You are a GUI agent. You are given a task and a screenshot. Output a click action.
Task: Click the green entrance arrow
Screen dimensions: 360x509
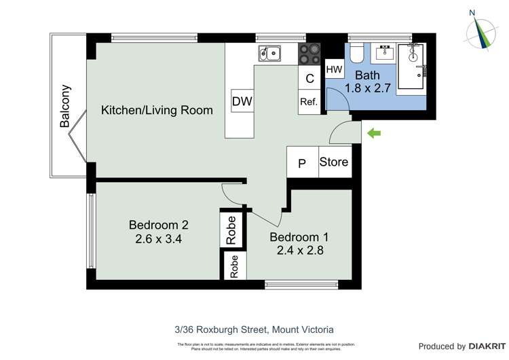pos(373,134)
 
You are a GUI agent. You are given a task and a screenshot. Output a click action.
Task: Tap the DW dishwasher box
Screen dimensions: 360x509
pos(242,102)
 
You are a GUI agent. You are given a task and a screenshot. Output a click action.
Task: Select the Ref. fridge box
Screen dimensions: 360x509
pos(309,102)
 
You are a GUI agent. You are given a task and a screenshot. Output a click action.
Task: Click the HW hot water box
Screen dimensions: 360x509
pos(335,69)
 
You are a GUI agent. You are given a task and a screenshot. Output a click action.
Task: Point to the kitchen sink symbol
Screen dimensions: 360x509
pos(269,52)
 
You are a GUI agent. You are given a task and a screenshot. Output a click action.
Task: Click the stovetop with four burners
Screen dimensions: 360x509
pos(309,52)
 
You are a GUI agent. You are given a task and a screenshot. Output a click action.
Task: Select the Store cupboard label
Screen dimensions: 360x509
pos(334,162)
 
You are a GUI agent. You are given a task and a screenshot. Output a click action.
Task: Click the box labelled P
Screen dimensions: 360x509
pos(302,164)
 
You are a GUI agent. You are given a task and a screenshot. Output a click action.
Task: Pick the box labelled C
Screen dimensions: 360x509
pos(309,78)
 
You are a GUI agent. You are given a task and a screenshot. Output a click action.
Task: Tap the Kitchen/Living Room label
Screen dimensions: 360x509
pos(157,110)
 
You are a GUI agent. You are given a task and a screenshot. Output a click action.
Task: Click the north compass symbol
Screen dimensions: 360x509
pos(484,31)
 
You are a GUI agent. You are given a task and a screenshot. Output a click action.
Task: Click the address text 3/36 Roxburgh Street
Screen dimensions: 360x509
pos(254,329)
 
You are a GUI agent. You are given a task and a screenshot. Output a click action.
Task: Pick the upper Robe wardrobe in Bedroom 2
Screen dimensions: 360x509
pos(231,229)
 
